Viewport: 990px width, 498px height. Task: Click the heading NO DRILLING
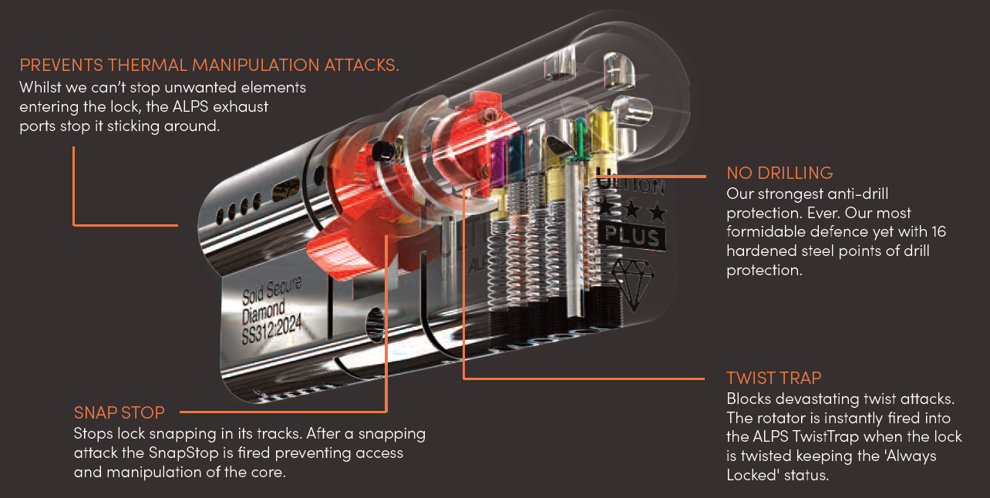[780, 172]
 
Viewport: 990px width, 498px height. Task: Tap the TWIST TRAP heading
[774, 378]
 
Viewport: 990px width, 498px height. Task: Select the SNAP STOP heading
[120, 412]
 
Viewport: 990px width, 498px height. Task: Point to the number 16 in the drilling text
[937, 232]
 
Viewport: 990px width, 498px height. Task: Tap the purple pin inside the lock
[497, 162]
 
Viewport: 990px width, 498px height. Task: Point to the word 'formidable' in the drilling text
[763, 232]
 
